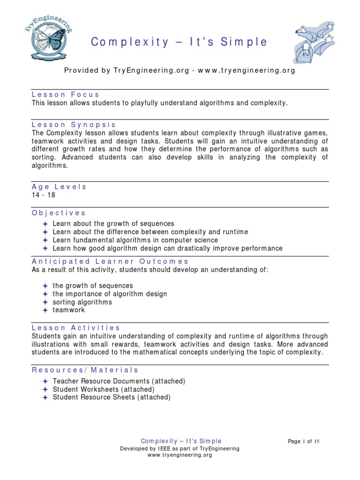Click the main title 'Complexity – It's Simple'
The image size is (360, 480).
pos(179,42)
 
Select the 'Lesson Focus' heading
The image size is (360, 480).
pos(66,94)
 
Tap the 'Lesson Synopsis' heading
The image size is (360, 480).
pos(74,125)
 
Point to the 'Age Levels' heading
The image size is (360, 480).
pos(59,187)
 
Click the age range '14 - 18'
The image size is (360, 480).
pos(44,195)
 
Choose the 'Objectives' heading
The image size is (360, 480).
pos(59,212)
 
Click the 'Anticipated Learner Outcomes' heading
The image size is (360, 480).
pos(110,261)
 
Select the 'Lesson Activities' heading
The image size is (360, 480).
pos(76,328)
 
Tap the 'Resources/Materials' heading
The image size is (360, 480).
pos(85,370)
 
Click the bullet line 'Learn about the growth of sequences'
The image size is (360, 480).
pos(113,224)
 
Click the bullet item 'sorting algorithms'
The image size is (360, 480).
pos(82,302)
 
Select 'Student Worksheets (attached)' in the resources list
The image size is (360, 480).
pos(103,389)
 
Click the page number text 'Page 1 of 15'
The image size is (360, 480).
pos(304,442)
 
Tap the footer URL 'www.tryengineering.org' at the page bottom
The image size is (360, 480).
pos(180,455)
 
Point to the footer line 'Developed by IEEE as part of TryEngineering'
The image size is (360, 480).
pos(180,449)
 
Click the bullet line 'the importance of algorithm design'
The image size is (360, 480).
pos(110,294)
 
